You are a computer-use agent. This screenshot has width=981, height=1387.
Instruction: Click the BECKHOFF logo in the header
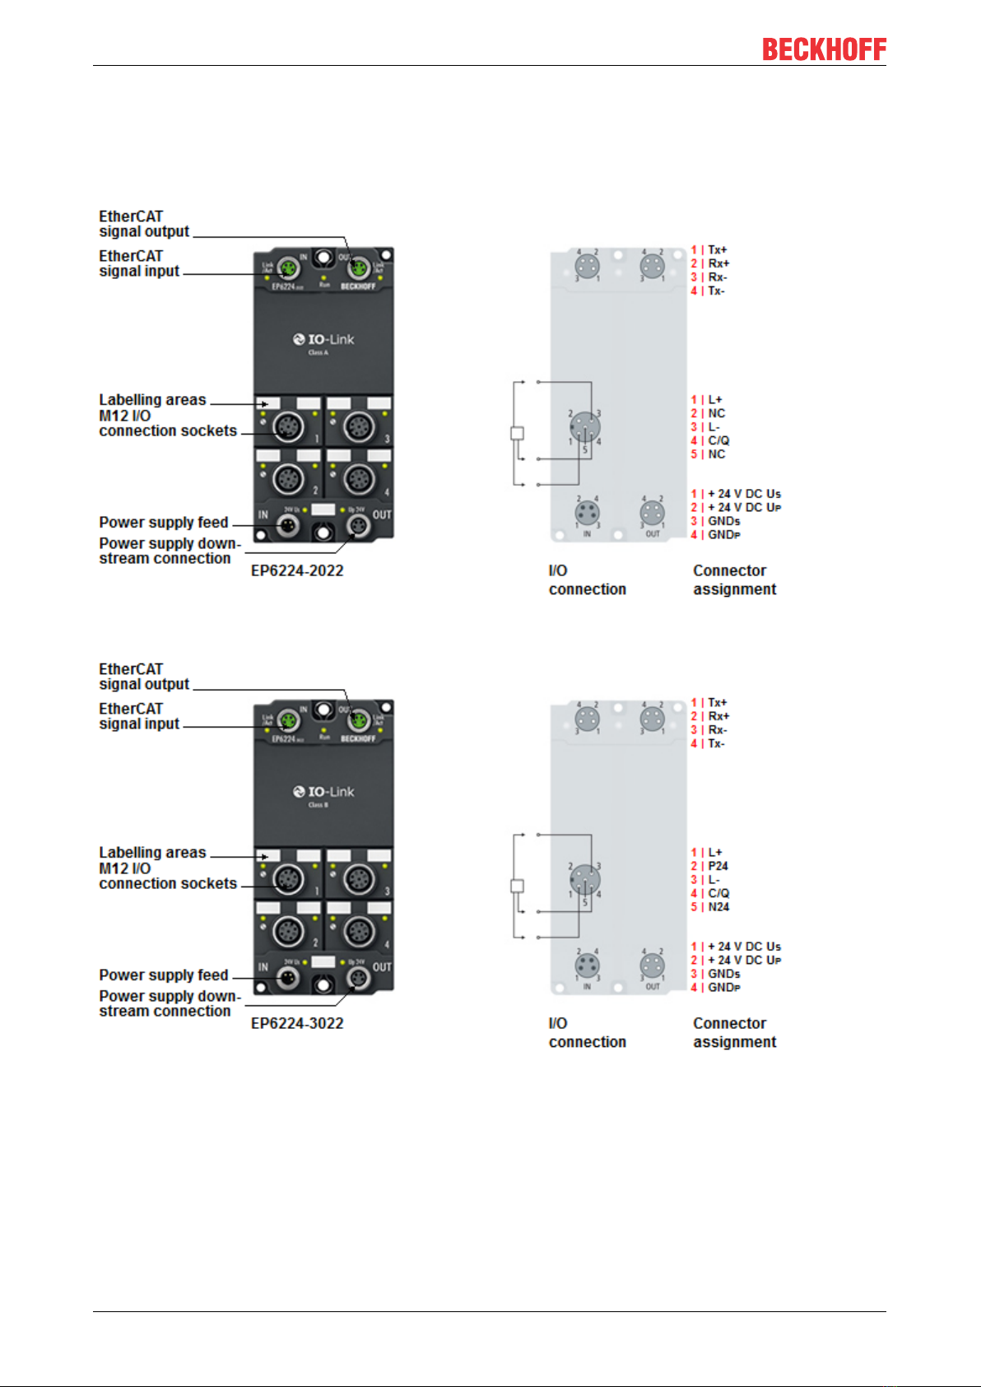pyautogui.click(x=824, y=49)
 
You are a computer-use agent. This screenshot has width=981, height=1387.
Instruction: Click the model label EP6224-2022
pyautogui.click(x=297, y=570)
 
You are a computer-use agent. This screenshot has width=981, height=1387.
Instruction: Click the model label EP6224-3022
pyautogui.click(x=297, y=1023)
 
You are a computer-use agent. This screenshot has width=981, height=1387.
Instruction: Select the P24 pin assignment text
pyautogui.click(x=718, y=866)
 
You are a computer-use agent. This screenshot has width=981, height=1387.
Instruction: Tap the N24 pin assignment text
pyautogui.click(x=718, y=907)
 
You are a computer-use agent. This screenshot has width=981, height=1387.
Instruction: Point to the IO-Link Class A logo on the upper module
pyautogui.click(x=323, y=342)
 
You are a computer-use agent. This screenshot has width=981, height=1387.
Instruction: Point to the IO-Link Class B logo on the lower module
pyautogui.click(x=323, y=794)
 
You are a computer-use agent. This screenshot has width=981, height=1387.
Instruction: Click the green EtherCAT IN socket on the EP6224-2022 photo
pyautogui.click(x=288, y=268)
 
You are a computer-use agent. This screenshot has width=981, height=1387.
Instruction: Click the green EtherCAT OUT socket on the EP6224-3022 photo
pyautogui.click(x=358, y=720)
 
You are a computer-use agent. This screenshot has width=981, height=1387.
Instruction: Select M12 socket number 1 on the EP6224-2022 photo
pyautogui.click(x=288, y=426)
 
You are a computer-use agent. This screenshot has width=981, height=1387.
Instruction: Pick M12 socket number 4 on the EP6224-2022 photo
pyautogui.click(x=358, y=478)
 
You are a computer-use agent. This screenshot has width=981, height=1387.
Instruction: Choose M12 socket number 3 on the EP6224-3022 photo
pyautogui.click(x=358, y=879)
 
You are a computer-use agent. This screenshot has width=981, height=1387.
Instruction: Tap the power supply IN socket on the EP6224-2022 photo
pyautogui.click(x=288, y=525)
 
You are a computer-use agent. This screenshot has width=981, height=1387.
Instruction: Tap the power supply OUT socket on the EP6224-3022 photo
pyautogui.click(x=358, y=978)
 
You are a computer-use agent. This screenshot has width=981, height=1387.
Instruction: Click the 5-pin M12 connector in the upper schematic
pyautogui.click(x=584, y=426)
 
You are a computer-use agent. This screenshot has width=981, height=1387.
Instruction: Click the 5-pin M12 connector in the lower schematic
pyautogui.click(x=584, y=879)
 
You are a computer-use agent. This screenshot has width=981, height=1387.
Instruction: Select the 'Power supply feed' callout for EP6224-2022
pyautogui.click(x=164, y=523)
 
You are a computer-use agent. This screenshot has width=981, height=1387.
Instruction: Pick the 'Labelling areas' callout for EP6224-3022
pyautogui.click(x=152, y=853)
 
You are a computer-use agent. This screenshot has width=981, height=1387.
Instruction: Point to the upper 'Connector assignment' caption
pyautogui.click(x=734, y=579)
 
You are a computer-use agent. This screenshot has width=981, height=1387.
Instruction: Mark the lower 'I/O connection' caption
pyautogui.click(x=587, y=1032)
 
